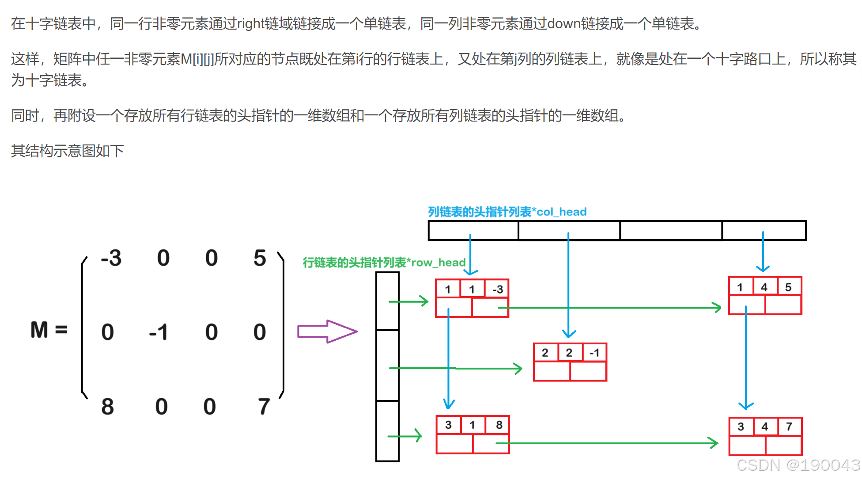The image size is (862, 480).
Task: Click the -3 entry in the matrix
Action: pos(111,258)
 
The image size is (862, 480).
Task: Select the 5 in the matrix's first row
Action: pos(260,258)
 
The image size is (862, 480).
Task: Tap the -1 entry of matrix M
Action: pos(159,332)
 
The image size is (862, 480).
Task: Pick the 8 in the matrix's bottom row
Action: pos(107,406)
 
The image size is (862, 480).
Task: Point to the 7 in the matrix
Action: pos(264,406)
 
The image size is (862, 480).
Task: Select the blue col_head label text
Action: pos(507,212)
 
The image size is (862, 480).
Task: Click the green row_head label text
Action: pos(384,263)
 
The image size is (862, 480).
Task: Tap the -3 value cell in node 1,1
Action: pos(497,289)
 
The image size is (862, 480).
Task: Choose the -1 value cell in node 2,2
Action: pos(594,353)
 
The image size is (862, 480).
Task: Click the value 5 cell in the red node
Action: pos(788,287)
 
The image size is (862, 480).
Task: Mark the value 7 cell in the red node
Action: pos(789,427)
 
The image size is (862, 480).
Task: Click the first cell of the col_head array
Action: pos(473,230)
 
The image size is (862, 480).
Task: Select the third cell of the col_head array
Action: pos(671,230)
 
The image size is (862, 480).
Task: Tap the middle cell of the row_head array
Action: pos(387,365)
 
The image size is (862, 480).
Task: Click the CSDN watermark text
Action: pos(798,465)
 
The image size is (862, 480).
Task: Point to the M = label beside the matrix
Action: pos(49,330)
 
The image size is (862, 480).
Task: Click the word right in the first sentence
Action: pos(251,23)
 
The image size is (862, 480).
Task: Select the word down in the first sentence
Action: pos(564,23)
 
